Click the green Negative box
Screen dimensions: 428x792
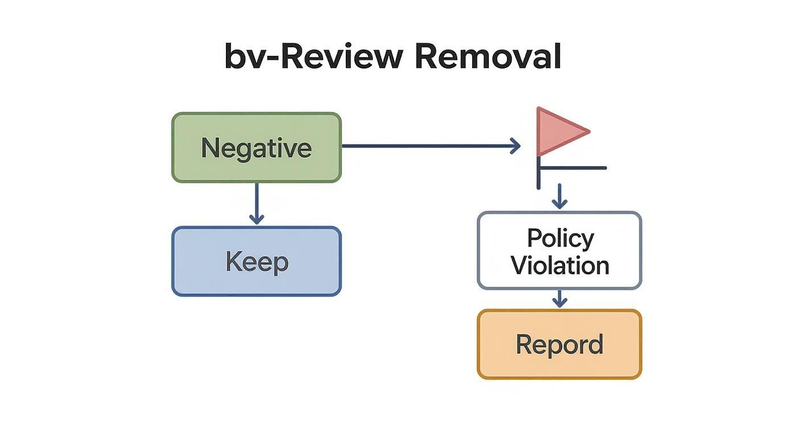click(256, 147)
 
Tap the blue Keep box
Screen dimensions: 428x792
click(256, 261)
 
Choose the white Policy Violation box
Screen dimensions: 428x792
click(559, 251)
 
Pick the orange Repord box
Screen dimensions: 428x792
click(559, 344)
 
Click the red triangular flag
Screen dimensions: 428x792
click(558, 131)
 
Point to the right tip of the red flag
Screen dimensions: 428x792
click(588, 131)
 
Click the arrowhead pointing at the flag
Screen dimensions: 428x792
click(515, 146)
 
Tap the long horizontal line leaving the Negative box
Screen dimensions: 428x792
click(427, 146)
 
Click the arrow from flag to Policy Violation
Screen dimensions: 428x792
click(560, 196)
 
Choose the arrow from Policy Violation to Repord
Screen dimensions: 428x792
click(560, 299)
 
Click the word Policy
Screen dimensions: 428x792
click(560, 237)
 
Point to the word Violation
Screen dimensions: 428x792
click(560, 265)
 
